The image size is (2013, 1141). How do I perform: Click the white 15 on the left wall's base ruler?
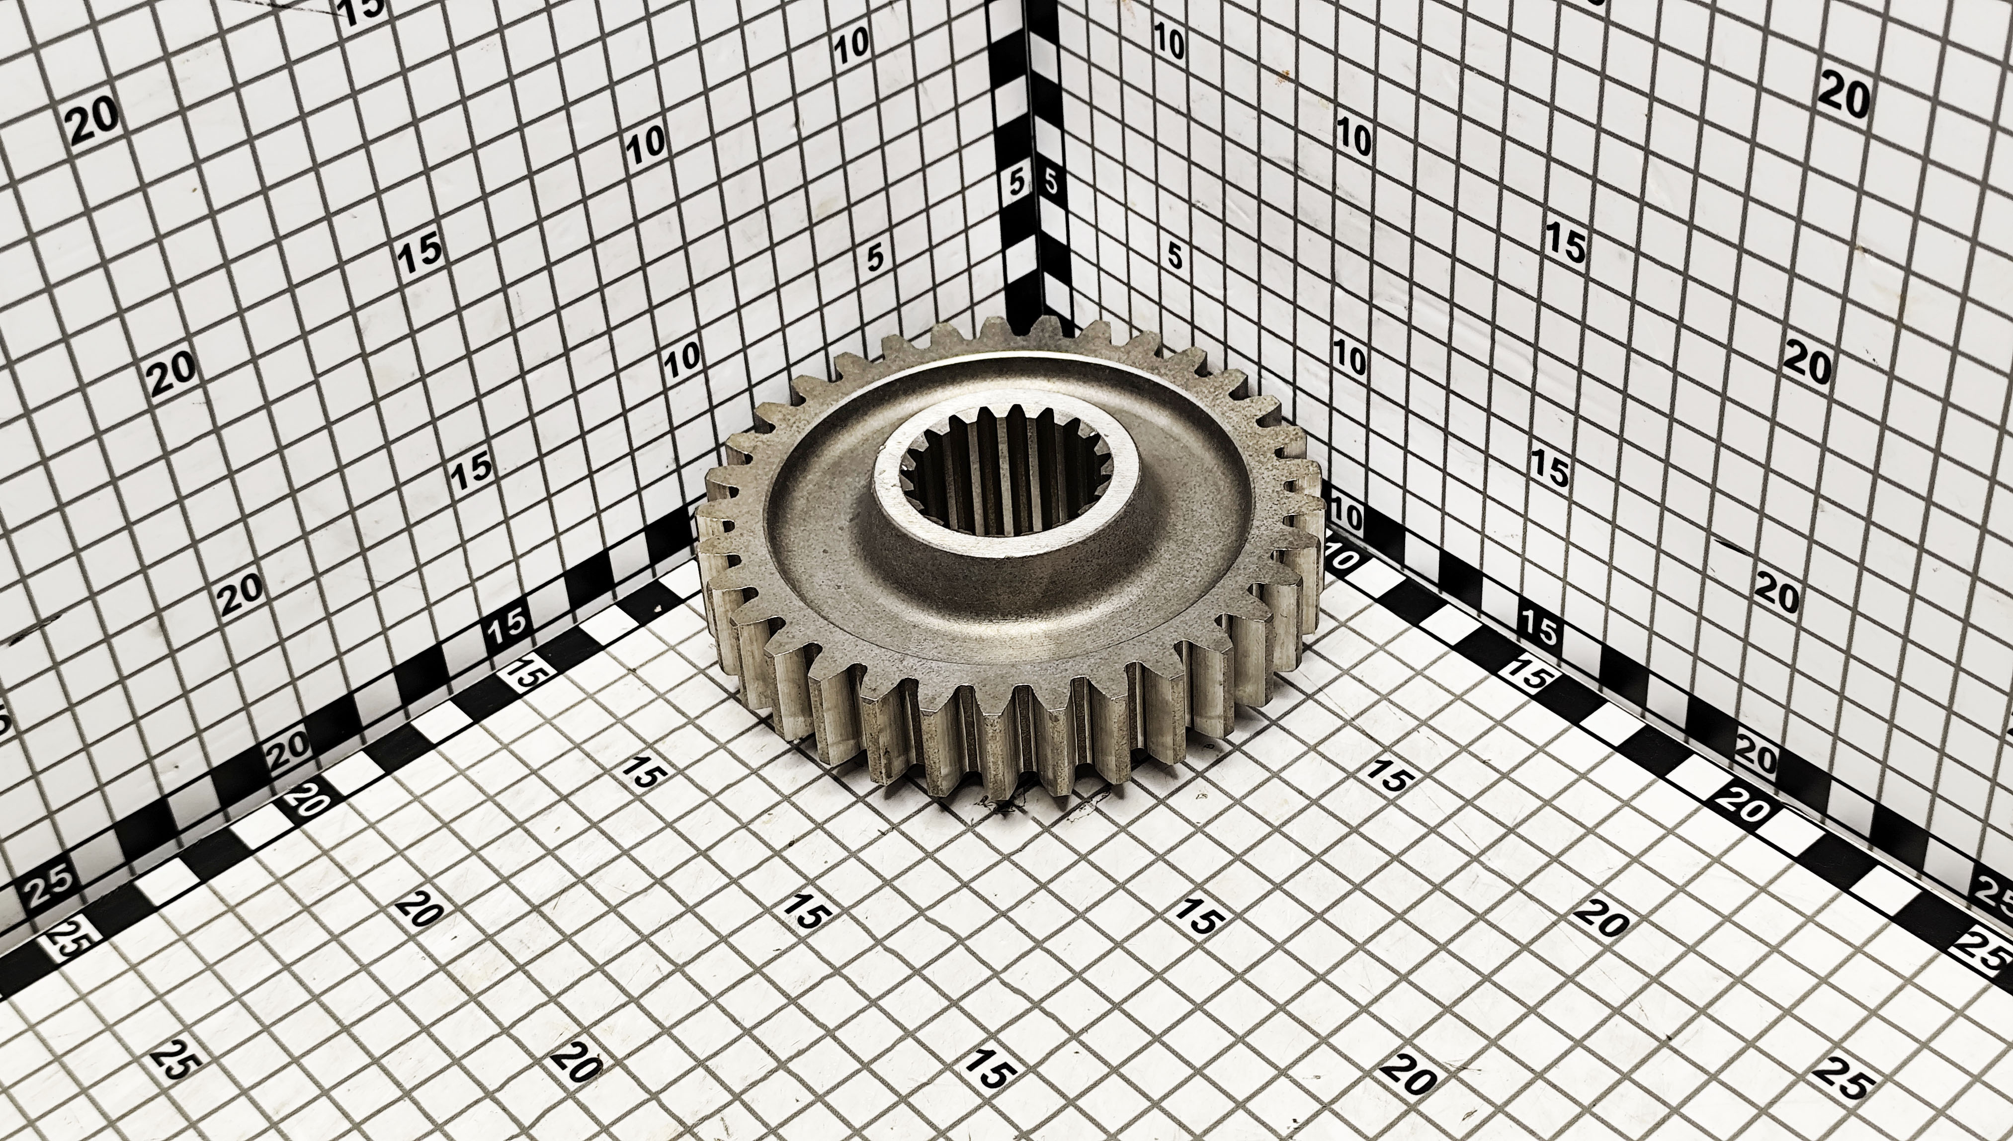tap(509, 625)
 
